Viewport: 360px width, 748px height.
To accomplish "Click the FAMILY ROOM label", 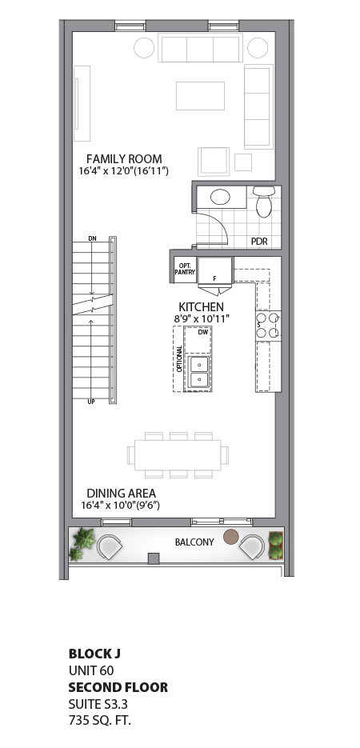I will click(124, 158).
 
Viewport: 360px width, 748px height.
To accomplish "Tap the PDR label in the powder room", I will click(259, 241).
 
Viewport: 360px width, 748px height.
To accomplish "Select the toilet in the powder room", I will click(263, 202).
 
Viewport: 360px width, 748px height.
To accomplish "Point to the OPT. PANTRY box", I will click(186, 269).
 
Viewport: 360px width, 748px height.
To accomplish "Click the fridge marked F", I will click(214, 270).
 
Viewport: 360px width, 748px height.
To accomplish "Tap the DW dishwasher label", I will click(202, 331).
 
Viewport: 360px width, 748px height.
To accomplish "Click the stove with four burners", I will click(267, 325).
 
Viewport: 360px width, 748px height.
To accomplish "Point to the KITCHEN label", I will click(201, 307).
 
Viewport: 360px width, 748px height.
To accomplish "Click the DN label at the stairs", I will click(93, 238).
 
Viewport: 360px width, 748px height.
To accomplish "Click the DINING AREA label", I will click(121, 494).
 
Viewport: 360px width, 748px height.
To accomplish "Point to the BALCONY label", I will click(194, 542).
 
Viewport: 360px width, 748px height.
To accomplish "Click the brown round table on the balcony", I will click(231, 536).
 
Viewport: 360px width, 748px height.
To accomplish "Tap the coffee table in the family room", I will click(200, 95).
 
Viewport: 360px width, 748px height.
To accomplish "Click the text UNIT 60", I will click(90, 670).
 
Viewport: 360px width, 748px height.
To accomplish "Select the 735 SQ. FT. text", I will click(99, 721).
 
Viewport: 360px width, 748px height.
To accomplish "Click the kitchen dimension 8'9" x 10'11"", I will click(202, 319).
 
